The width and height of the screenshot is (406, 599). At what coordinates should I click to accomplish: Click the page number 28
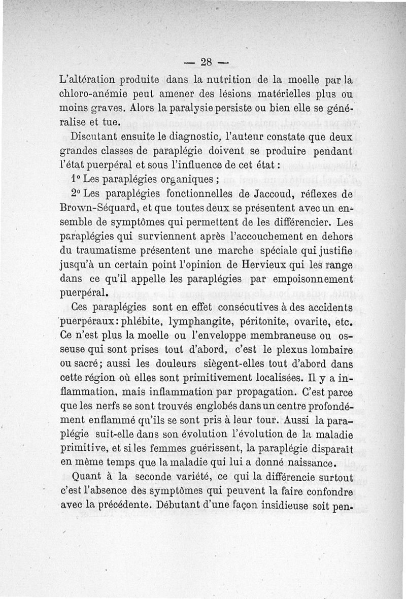[206, 63]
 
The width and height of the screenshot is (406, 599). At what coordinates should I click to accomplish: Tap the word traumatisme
[106, 250]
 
